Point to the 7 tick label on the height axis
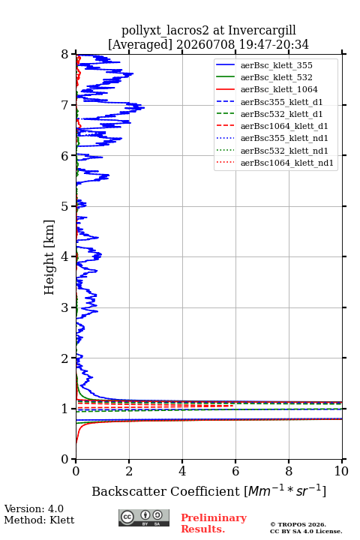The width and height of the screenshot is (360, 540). point(65,105)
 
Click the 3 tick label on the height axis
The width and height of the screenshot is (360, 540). point(65,307)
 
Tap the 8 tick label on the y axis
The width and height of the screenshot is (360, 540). point(65,55)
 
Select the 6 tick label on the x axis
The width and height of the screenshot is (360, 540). point(235,471)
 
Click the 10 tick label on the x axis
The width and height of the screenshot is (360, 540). point(341,471)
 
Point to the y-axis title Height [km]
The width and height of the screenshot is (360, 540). point(49,257)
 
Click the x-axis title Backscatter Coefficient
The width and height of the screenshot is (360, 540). point(165,491)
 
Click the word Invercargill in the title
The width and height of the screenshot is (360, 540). point(262,31)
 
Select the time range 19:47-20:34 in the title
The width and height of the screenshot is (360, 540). point(273,45)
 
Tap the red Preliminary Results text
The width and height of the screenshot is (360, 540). point(214,523)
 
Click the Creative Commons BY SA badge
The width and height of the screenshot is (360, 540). point(144,517)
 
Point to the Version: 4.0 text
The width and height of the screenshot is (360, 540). point(34,508)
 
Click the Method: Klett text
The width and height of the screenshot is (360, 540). point(39,520)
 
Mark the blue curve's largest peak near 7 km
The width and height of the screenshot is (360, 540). point(144,108)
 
